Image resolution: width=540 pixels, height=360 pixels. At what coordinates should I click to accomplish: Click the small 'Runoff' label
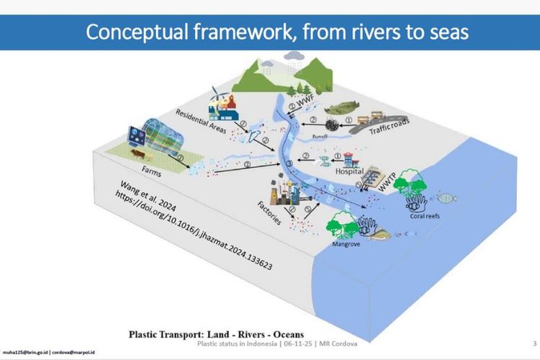click(x=319, y=135)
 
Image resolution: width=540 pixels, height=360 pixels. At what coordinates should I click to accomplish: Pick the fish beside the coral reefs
click(x=446, y=196)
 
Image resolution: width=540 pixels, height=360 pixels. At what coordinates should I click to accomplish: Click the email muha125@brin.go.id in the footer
click(x=30, y=353)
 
